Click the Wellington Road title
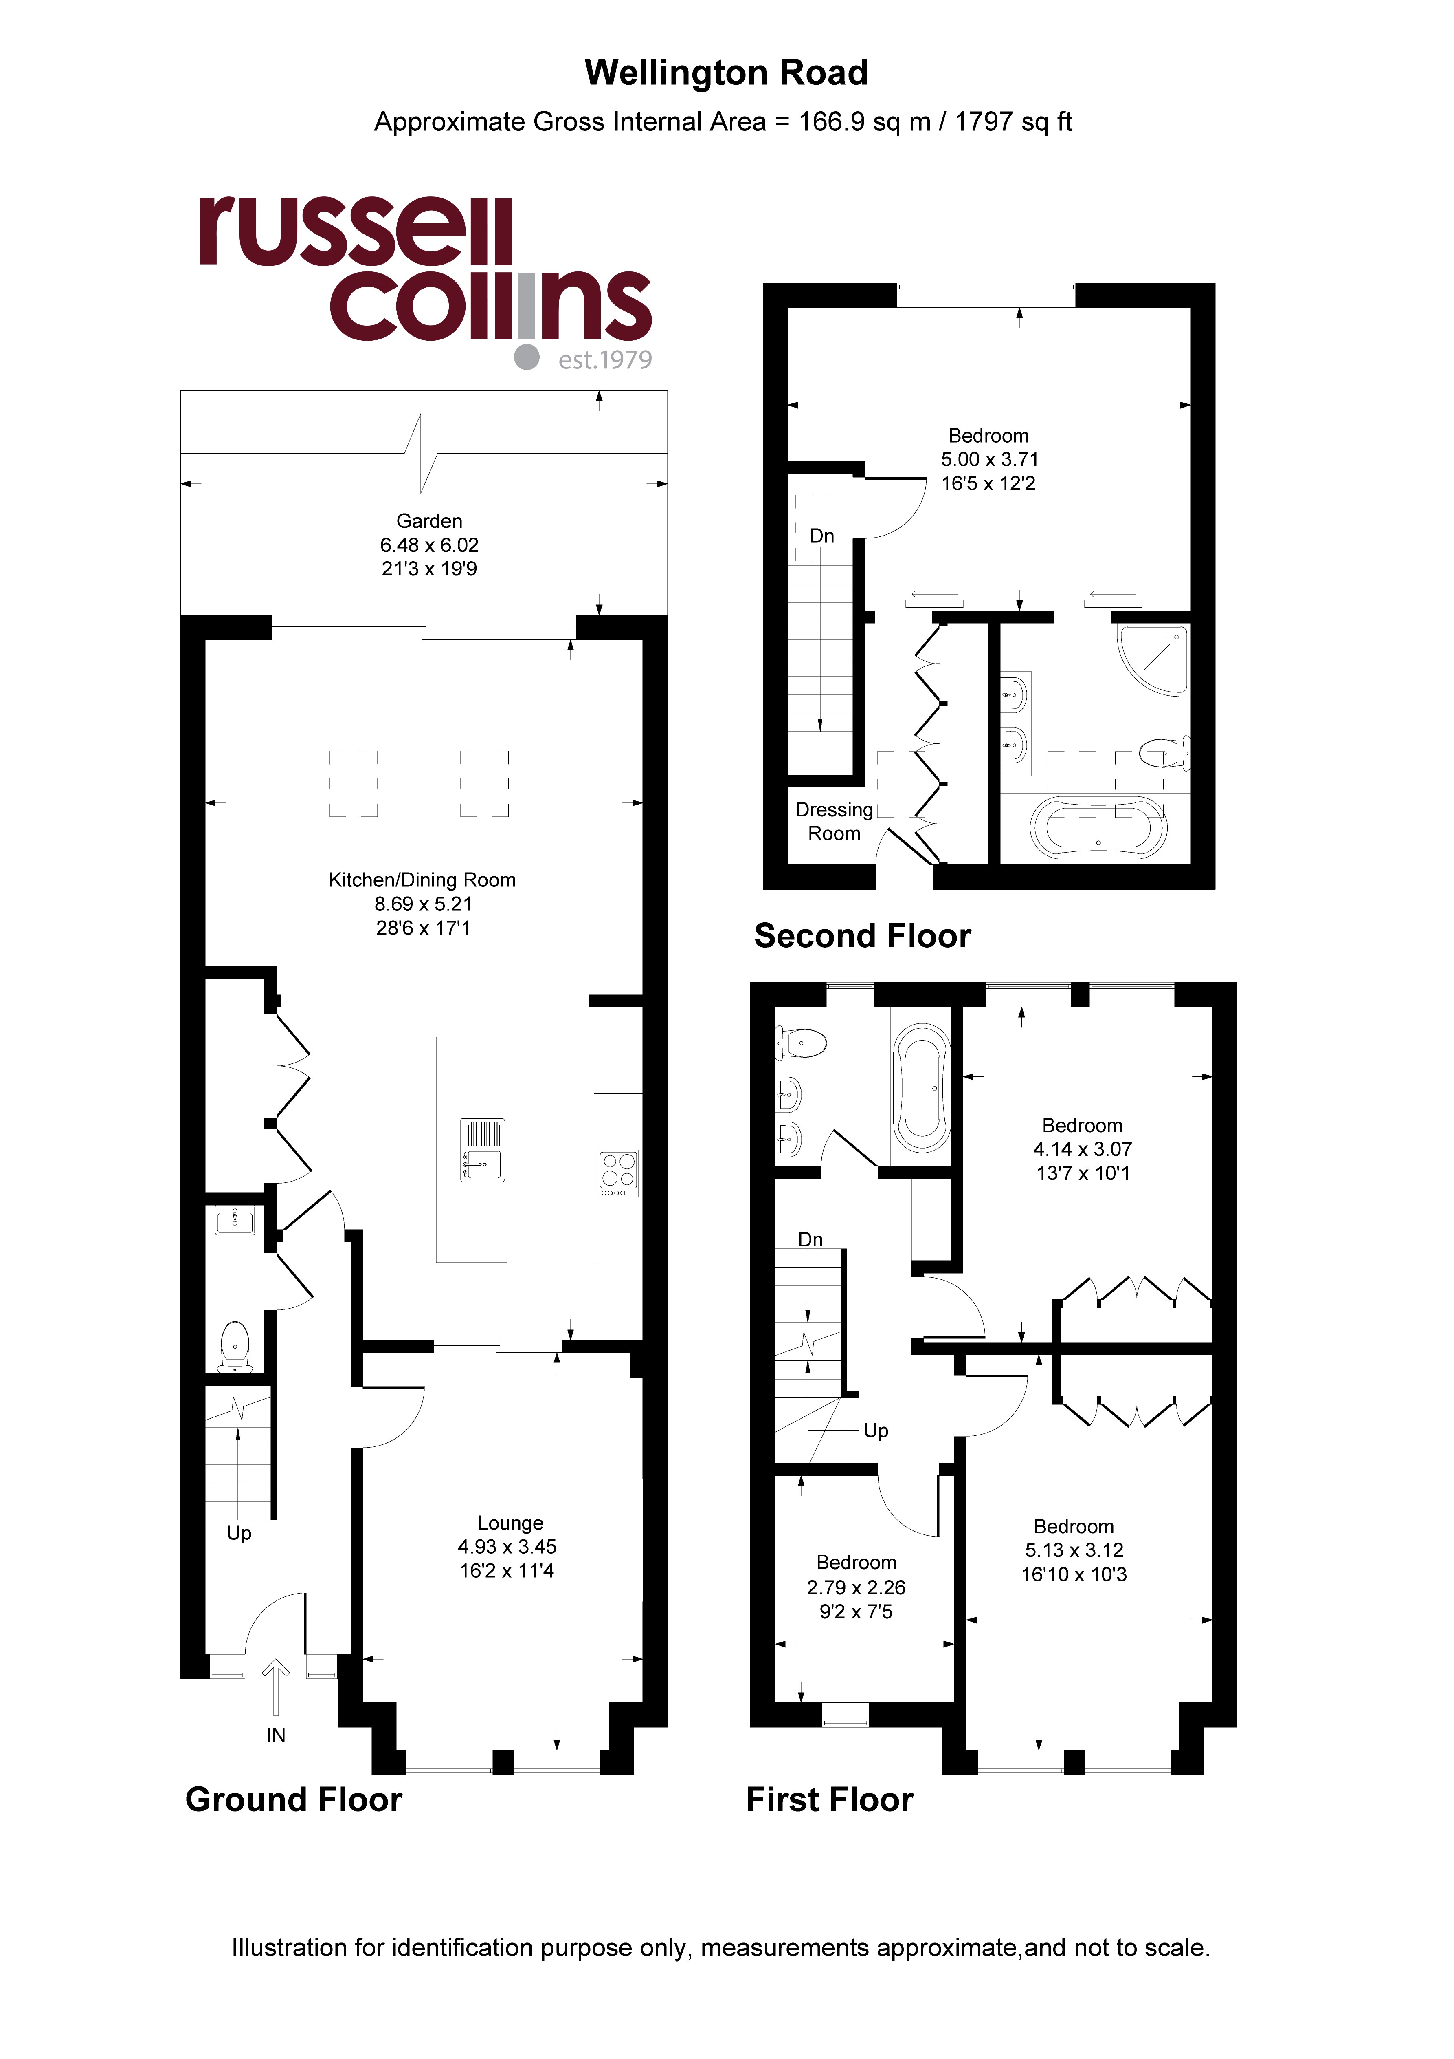tap(726, 73)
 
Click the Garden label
tap(429, 521)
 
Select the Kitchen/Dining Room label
tap(422, 880)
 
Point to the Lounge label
tap(510, 1523)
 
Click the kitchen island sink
tap(482, 1150)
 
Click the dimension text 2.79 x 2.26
tap(856, 1587)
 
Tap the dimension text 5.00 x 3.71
tap(990, 459)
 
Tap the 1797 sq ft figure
tap(1013, 122)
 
